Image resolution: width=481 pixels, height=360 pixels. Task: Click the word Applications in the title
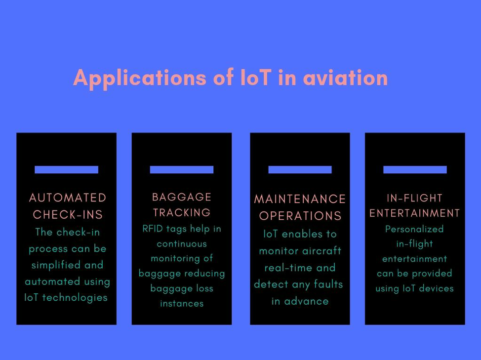[x=140, y=79]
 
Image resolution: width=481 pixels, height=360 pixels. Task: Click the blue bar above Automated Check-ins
[x=66, y=169]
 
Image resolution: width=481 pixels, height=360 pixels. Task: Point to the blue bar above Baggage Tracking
[x=182, y=169]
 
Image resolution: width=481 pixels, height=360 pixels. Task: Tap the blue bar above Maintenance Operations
[x=300, y=169]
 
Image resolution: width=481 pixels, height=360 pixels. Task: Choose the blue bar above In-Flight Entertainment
[x=415, y=169]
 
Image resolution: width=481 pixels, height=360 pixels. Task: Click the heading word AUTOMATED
[x=68, y=198]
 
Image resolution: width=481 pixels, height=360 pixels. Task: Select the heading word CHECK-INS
[x=68, y=215]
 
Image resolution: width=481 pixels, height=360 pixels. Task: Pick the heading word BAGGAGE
[x=182, y=197]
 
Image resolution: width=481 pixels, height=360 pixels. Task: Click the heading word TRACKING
[x=182, y=212]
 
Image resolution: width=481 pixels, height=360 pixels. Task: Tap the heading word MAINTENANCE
[x=300, y=199]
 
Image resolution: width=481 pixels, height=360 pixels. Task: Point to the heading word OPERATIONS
[x=300, y=216]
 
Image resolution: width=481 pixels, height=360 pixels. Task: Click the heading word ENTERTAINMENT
[x=415, y=213]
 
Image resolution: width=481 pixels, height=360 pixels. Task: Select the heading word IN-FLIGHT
[x=415, y=198]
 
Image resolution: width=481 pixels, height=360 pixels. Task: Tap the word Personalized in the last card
[x=414, y=229]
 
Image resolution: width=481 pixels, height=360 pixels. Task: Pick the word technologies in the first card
[x=75, y=298]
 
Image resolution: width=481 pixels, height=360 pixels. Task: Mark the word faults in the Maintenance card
[x=328, y=284]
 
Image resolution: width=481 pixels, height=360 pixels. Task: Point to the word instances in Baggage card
[x=182, y=304]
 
